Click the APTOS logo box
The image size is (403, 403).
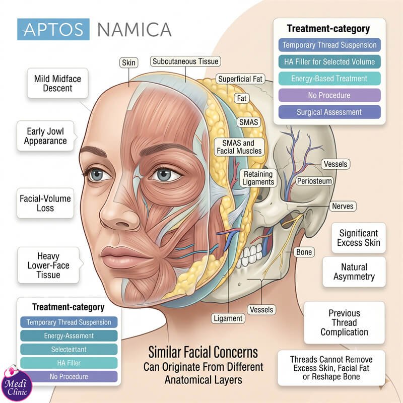click(x=53, y=29)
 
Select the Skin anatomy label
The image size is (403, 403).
click(x=129, y=62)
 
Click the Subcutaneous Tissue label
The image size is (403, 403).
click(x=185, y=61)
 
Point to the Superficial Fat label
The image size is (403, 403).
click(x=240, y=79)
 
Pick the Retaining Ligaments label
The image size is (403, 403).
click(x=258, y=178)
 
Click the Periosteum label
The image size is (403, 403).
click(x=314, y=181)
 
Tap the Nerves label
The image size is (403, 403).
click(x=343, y=206)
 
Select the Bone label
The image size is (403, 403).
click(x=304, y=252)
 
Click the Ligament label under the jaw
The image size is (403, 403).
click(x=228, y=318)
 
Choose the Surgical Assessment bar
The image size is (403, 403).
click(x=329, y=112)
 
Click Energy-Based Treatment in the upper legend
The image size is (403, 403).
click(x=329, y=79)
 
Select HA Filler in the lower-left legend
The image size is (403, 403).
click(x=69, y=363)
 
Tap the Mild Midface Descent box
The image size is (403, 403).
click(x=57, y=83)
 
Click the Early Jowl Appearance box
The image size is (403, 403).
click(x=45, y=136)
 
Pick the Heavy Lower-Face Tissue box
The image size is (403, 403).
click(x=48, y=265)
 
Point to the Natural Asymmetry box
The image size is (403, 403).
click(x=354, y=272)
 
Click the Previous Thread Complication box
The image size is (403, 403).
click(x=345, y=322)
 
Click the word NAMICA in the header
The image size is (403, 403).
click(x=135, y=30)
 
